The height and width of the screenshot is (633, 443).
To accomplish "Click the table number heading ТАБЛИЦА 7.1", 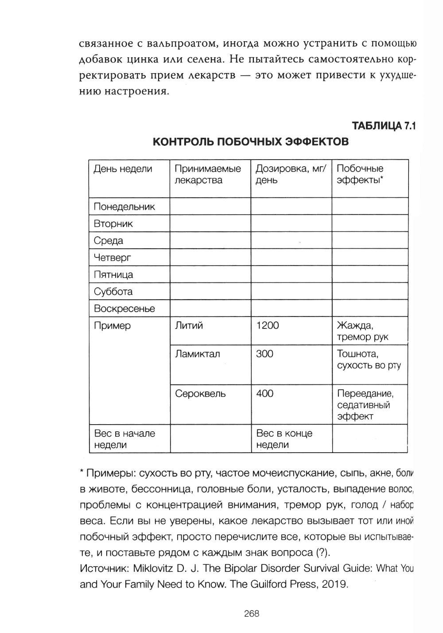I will coord(384,126).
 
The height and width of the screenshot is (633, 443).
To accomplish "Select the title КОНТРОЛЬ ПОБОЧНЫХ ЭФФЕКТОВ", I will coord(251,142).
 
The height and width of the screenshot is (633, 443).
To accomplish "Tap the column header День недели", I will coord(123,169).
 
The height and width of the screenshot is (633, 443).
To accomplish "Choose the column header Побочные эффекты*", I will coord(360,174).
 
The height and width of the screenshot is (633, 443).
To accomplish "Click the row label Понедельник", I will coord(124,207).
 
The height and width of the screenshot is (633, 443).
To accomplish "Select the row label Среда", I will coord(109,241).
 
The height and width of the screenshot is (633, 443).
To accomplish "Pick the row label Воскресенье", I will coord(124,309).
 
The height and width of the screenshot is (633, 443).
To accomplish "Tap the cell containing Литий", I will coord(189,326).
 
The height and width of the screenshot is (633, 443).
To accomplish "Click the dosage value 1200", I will coord(268,326).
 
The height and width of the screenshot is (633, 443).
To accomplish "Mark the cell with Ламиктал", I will coord(197,354).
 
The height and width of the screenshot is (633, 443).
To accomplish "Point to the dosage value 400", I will coord(265,394).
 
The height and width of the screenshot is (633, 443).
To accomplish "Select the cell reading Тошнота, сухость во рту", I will coord(369,359).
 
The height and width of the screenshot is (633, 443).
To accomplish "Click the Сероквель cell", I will coord(200,394).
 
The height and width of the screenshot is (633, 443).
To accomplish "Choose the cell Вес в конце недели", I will coord(284,439).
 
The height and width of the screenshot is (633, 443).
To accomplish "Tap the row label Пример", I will coord(112,326).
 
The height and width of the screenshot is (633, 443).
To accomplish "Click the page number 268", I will coord(252,614).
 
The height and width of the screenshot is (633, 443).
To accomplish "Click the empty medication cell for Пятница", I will coord(210,275).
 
